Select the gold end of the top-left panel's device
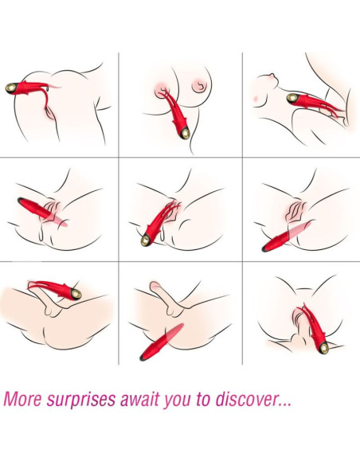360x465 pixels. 11,86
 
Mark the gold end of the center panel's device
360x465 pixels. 146,240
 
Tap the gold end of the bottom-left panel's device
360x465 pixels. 74,295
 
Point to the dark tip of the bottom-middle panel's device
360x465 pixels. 142,358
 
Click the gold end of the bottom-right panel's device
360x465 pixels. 322,346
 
